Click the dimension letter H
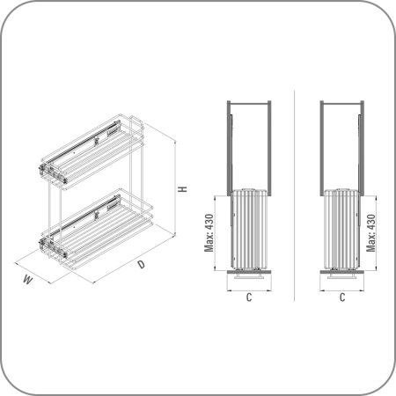[x=183, y=189]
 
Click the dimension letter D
[x=142, y=264]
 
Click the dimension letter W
[x=28, y=280]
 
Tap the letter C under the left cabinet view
[x=249, y=297]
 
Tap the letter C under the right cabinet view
[x=342, y=297]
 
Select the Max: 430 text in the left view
[x=209, y=233]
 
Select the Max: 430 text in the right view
[x=371, y=233]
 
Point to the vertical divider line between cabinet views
[x=294, y=195]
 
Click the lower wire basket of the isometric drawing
[x=96, y=229]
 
